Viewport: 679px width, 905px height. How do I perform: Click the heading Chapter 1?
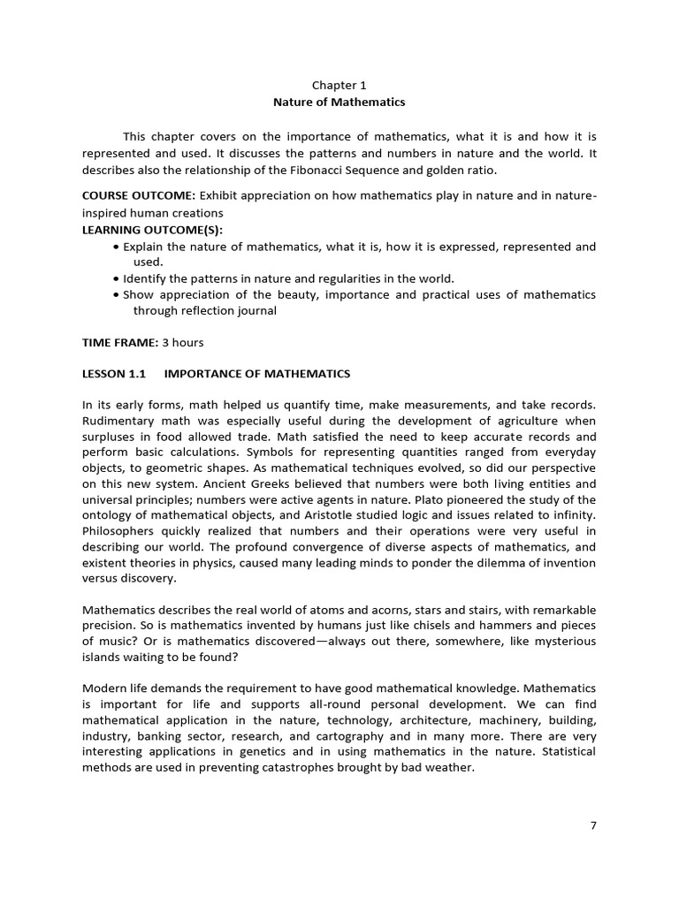339,86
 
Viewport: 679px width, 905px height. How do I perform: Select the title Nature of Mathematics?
339,103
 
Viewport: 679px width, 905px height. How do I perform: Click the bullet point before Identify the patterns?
117,278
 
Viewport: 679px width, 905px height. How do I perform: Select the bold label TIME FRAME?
119,342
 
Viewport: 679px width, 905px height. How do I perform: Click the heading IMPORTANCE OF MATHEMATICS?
257,374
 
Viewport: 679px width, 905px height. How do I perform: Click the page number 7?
593,825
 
